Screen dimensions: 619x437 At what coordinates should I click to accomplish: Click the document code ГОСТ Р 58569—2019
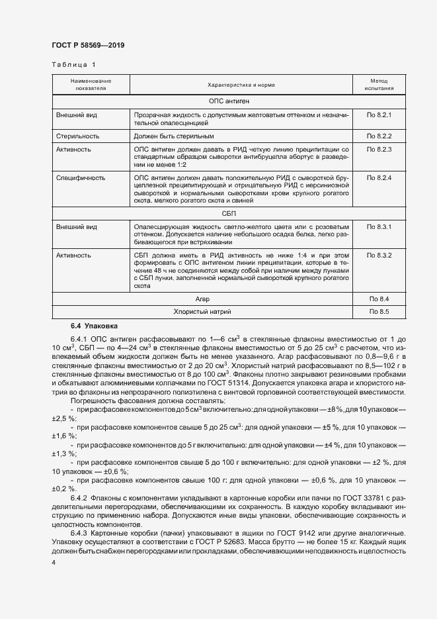tap(88, 45)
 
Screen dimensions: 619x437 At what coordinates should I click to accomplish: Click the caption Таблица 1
tap(73, 65)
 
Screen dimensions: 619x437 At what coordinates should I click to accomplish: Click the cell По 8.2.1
tap(379, 115)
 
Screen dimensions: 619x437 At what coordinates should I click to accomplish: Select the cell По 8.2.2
tap(379, 136)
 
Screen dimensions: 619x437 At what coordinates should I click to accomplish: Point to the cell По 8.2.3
tap(379, 150)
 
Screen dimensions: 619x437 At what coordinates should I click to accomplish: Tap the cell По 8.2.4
tap(379, 178)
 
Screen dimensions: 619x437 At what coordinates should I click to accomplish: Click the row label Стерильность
tap(77, 136)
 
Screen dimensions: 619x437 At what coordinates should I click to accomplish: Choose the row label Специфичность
tap(81, 178)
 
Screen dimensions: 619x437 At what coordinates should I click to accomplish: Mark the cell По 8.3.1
tap(379, 227)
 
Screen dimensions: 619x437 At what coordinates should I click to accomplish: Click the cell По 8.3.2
tap(379, 255)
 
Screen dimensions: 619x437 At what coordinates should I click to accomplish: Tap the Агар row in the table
tap(202, 299)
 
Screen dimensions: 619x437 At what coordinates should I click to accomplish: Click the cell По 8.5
tap(379, 311)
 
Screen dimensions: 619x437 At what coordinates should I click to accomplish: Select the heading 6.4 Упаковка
tap(93, 326)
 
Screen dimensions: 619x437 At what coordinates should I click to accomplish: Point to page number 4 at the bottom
tap(54, 562)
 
